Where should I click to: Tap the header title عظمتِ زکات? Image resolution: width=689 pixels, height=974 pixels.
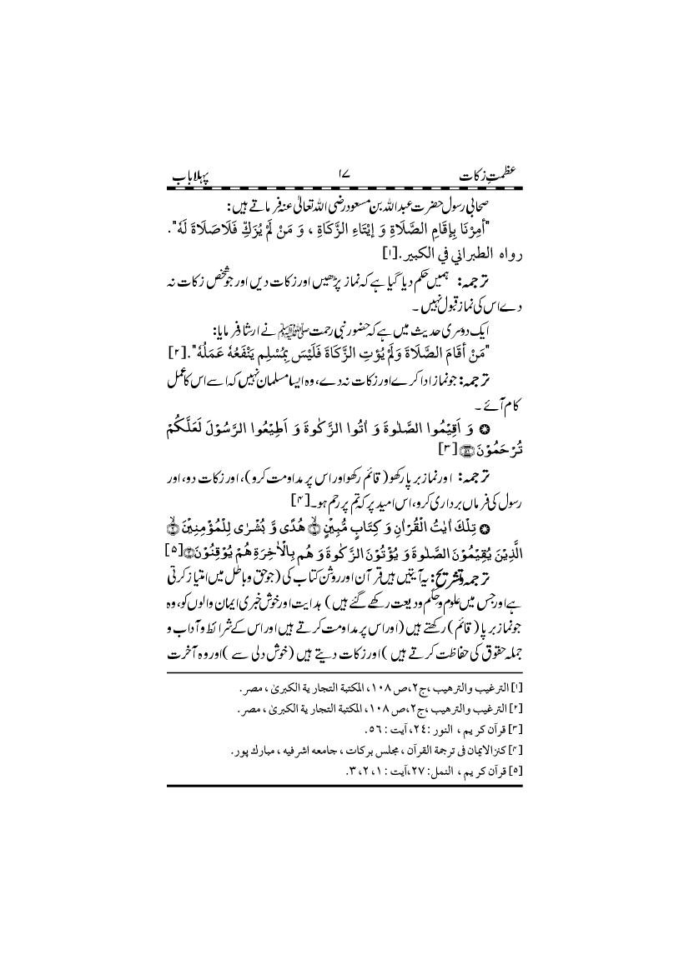[480, 177]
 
